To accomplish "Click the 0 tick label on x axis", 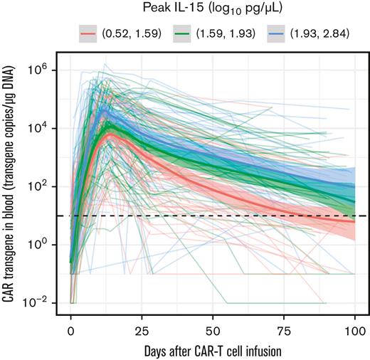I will [70, 332].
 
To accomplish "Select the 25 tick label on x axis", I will [142, 332].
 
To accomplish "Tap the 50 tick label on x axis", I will [213, 332].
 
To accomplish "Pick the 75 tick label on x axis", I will [284, 332].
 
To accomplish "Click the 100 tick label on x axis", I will [355, 332].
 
